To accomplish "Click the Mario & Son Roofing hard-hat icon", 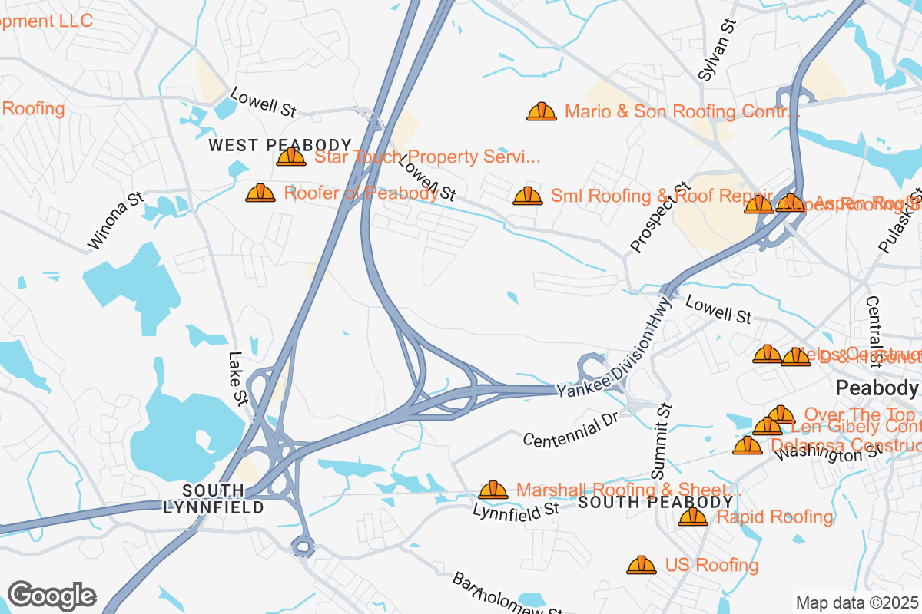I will tap(542, 112).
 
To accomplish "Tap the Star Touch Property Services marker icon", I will tap(291, 157).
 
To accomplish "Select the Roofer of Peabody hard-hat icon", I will tap(260, 193).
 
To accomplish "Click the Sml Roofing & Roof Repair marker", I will tap(528, 196).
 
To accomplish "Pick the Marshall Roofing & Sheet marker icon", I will tap(493, 490).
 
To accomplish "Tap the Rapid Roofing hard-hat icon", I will tap(693, 517).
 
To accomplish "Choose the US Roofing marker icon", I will tap(642, 566).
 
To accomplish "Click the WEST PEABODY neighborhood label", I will tap(280, 145).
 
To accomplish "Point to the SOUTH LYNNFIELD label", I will tap(214, 499).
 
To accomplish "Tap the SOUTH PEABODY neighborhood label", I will tap(655, 502).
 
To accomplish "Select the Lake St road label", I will tap(236, 376).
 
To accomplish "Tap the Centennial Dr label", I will tap(570, 431).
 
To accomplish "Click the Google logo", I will tap(51, 596).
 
